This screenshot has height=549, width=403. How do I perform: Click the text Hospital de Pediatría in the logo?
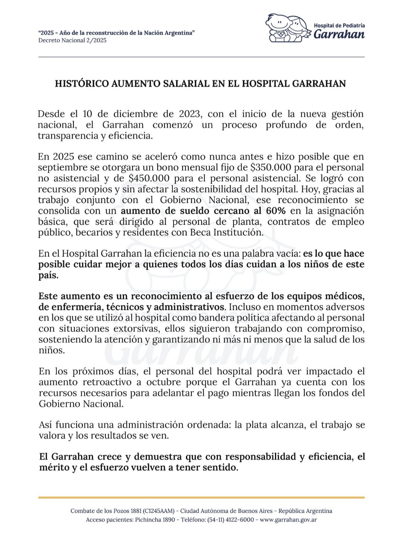click(x=340, y=25)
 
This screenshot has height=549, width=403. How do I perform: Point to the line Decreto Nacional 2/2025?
click(x=72, y=40)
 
